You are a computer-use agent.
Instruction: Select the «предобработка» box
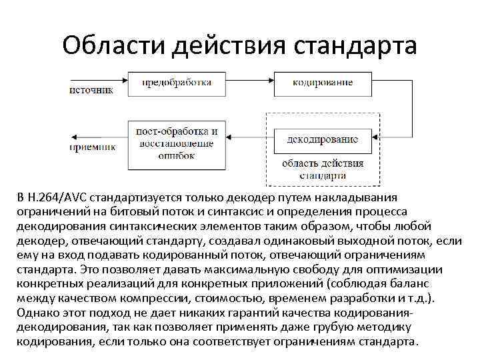pos(176,83)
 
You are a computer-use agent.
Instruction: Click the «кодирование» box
pos(323,83)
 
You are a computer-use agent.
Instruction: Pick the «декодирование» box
pos(323,140)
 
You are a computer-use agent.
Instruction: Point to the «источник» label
pos(91,90)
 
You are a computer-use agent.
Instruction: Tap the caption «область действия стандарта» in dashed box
pos(323,169)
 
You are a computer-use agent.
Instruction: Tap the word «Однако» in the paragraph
pos(37,313)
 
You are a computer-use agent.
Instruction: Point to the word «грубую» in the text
pos(320,327)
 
